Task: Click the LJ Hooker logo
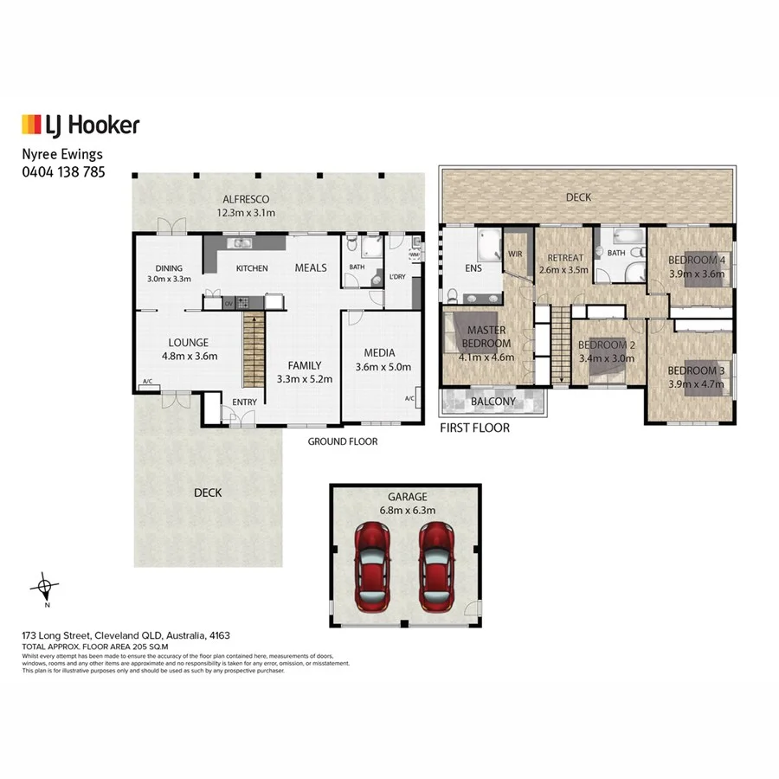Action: (x=80, y=125)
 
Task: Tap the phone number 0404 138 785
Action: (x=63, y=171)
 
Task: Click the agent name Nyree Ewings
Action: (x=62, y=155)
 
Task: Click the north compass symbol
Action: (x=45, y=589)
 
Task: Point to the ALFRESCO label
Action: (x=246, y=197)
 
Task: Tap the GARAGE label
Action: (x=407, y=497)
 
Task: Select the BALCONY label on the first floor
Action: (x=493, y=402)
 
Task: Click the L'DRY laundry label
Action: (x=398, y=276)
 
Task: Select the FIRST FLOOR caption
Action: (x=474, y=428)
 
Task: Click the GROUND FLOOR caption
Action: (x=343, y=441)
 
